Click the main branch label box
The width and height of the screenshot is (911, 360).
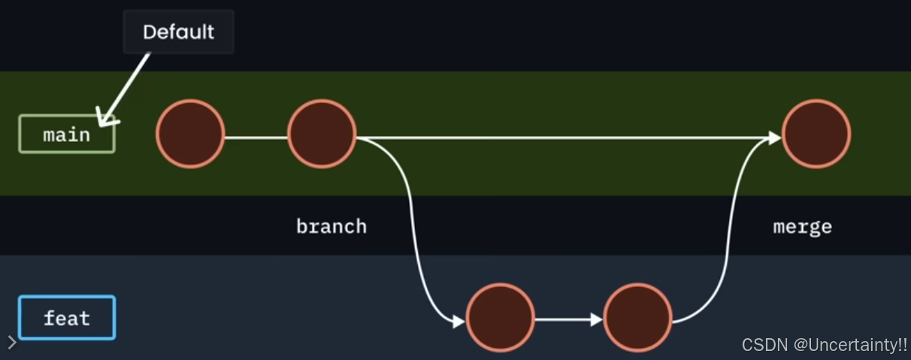[x=67, y=135]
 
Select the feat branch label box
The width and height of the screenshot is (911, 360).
[x=67, y=318]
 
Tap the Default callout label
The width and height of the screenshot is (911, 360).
[x=178, y=32]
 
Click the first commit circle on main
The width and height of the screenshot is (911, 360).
[x=190, y=134]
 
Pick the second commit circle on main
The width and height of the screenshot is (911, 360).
[x=322, y=134]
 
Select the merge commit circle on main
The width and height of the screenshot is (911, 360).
[x=816, y=135]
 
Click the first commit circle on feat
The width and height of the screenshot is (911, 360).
[x=501, y=318]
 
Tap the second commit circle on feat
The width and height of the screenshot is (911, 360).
[x=637, y=318]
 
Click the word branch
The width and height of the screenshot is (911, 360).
[x=331, y=226]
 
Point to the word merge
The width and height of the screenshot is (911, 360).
[x=802, y=226]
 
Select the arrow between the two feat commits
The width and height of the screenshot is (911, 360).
[x=568, y=319]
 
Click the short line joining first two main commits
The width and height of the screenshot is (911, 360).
[x=256, y=138]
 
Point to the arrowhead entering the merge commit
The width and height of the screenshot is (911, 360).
[x=775, y=138]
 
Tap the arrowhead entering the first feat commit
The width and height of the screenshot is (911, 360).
[x=459, y=322]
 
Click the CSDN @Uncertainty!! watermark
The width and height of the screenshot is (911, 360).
[x=825, y=345]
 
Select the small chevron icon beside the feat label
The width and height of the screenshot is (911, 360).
[x=11, y=343]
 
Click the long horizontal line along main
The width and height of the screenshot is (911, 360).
[x=564, y=138]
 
